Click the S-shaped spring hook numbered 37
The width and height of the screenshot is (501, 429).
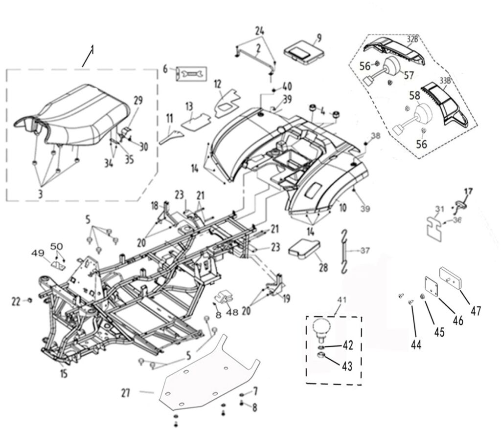click(346, 252)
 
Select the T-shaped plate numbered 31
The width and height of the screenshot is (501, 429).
click(434, 225)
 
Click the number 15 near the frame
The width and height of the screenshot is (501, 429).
click(64, 374)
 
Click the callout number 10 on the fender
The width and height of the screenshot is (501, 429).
click(342, 208)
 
